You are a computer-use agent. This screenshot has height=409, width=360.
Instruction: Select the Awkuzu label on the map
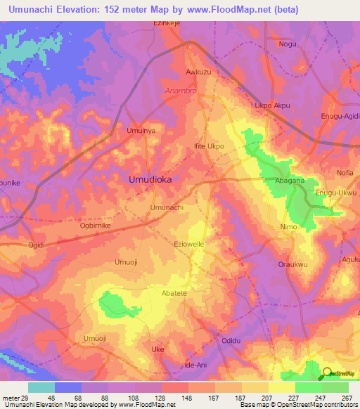198,72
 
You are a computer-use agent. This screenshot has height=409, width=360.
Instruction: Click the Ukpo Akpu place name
272,106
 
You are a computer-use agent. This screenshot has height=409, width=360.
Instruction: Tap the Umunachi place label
167,208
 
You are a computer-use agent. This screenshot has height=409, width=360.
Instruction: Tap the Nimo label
288,227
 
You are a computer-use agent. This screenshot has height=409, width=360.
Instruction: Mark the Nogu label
288,44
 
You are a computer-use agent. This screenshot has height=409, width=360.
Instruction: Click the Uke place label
158,349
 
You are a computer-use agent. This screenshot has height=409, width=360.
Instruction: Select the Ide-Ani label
195,365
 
